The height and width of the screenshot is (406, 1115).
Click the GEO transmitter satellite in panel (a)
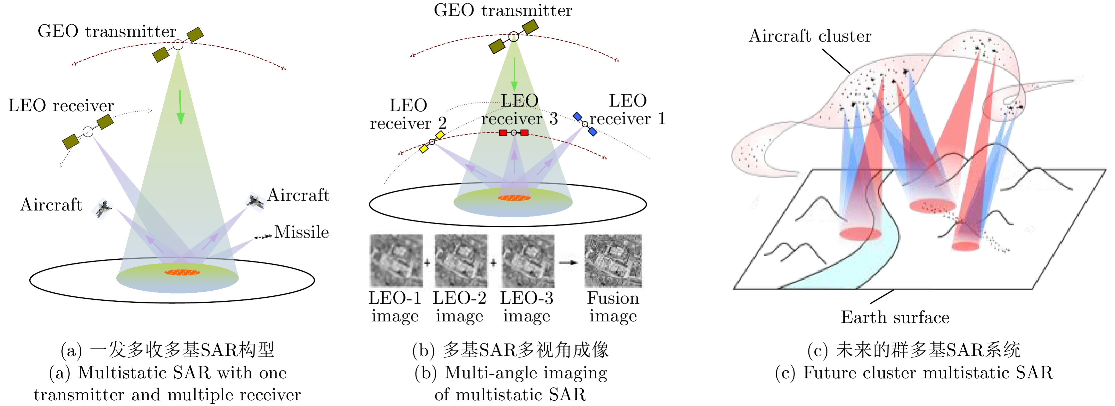pyautogui.click(x=178, y=45)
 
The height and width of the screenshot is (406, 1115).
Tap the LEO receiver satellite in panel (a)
pyautogui.click(x=88, y=132)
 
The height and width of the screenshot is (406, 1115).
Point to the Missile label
pyautogui.click(x=302, y=232)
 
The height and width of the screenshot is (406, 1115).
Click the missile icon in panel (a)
pyautogui.click(x=263, y=236)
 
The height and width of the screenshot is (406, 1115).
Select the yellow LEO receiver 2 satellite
pyautogui.click(x=432, y=142)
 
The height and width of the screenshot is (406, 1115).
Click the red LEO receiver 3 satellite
pyautogui.click(x=514, y=133)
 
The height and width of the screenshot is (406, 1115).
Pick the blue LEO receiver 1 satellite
pyautogui.click(x=585, y=124)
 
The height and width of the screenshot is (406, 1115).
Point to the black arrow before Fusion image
pyautogui.click(x=568, y=262)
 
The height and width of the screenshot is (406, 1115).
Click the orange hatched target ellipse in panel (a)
pyautogui.click(x=182, y=272)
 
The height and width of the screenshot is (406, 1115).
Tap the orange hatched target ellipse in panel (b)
pyautogui.click(x=514, y=198)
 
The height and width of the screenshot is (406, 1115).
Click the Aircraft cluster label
pyautogui.click(x=810, y=36)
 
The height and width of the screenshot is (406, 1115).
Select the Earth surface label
pyautogui.click(x=895, y=317)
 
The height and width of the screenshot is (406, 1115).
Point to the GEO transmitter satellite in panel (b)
pyautogui.click(x=514, y=36)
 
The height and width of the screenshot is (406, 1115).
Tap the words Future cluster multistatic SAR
pyautogui.click(x=928, y=373)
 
